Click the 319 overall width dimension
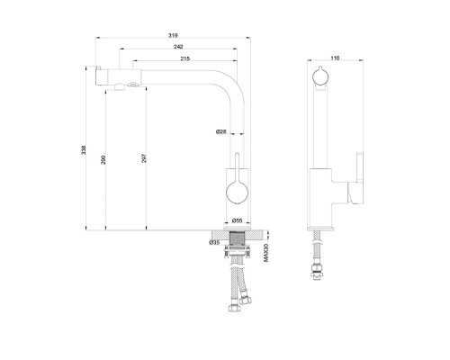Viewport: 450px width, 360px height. click(x=173, y=35)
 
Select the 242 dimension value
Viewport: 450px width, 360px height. click(x=178, y=47)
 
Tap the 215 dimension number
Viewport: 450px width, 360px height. click(x=185, y=58)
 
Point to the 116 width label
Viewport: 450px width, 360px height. click(x=335, y=58)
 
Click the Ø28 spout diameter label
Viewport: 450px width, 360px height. click(x=221, y=131)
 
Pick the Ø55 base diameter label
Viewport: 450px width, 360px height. click(x=238, y=220)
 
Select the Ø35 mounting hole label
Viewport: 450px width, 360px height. click(x=214, y=242)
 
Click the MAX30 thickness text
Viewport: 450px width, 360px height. click(x=265, y=253)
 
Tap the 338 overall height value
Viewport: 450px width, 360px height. click(x=84, y=150)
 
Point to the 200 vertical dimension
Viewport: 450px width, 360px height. click(x=103, y=159)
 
